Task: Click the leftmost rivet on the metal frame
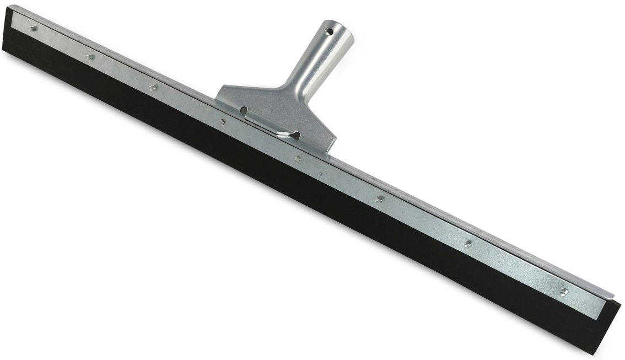click(x=33, y=28)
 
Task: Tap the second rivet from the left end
click(x=90, y=56)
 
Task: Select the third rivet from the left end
click(x=153, y=87)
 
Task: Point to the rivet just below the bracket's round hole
click(x=223, y=122)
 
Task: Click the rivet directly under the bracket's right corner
click(x=298, y=159)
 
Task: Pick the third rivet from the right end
click(x=379, y=199)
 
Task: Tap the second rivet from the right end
click(x=468, y=244)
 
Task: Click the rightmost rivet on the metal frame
click(x=564, y=292)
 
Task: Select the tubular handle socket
click(x=320, y=61)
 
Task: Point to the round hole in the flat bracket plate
click(x=243, y=111)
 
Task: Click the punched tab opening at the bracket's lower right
click(x=292, y=135)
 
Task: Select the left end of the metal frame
click(x=13, y=14)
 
